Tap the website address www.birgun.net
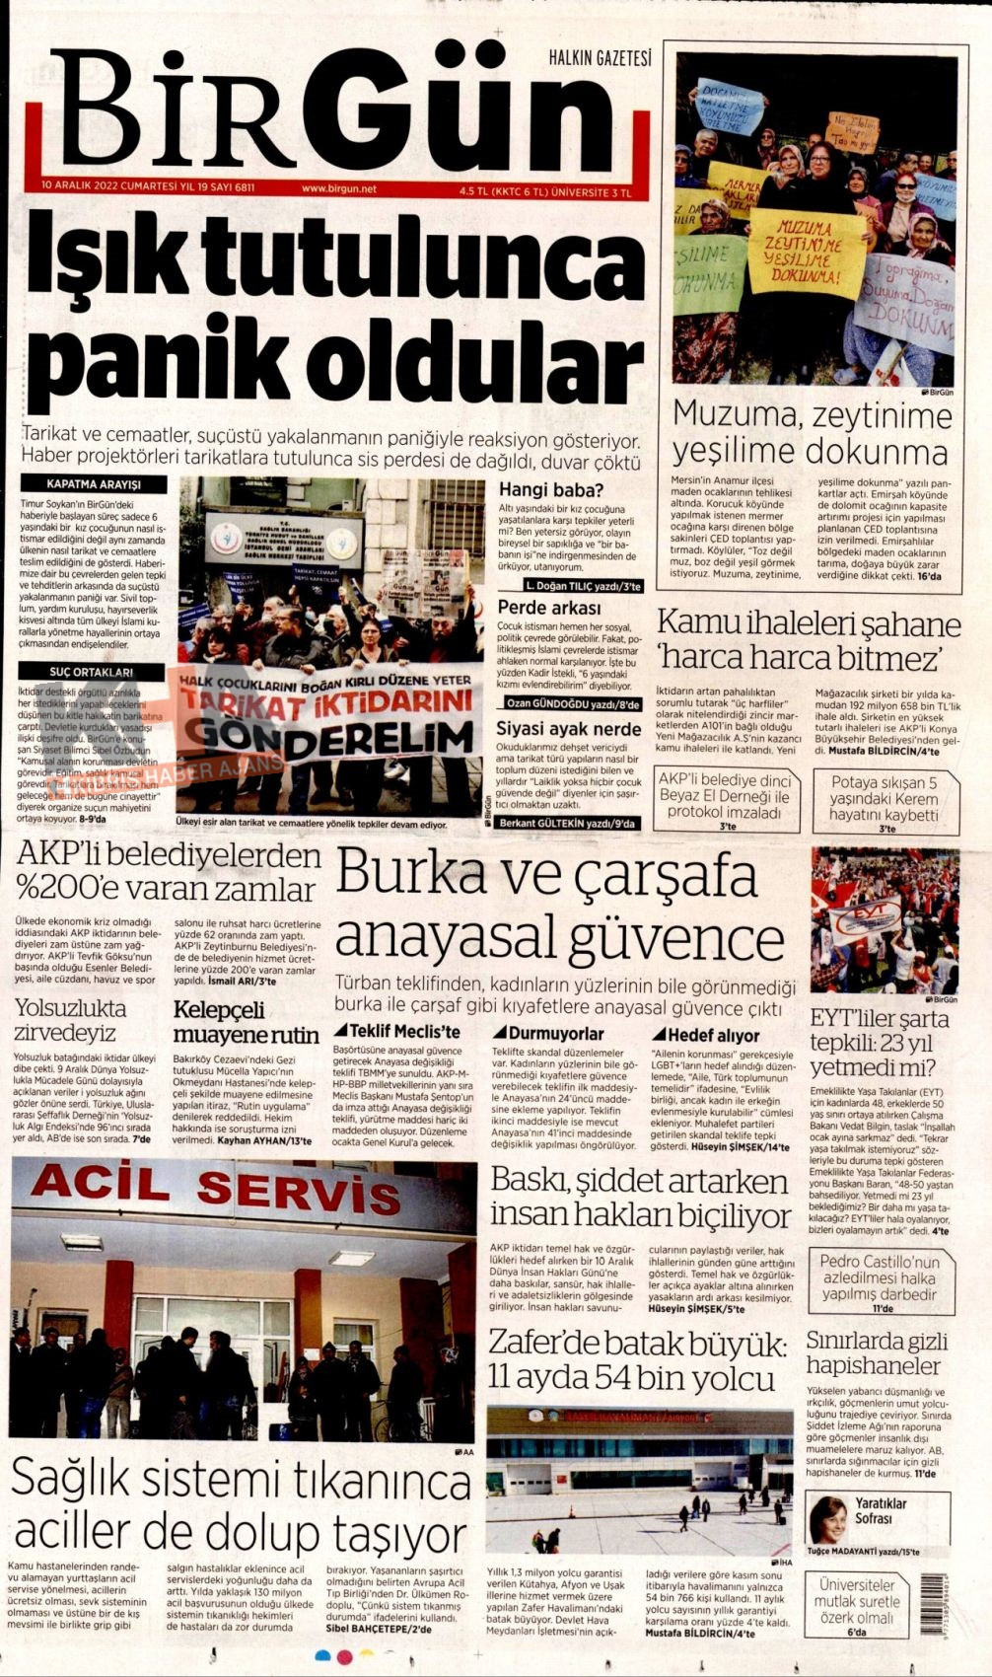pyautogui.click(x=339, y=188)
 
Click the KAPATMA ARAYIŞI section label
pyautogui.click(x=94, y=485)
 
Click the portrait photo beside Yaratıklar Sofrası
pyautogui.click(x=828, y=1516)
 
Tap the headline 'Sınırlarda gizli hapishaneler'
pyautogui.click(x=876, y=1353)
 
